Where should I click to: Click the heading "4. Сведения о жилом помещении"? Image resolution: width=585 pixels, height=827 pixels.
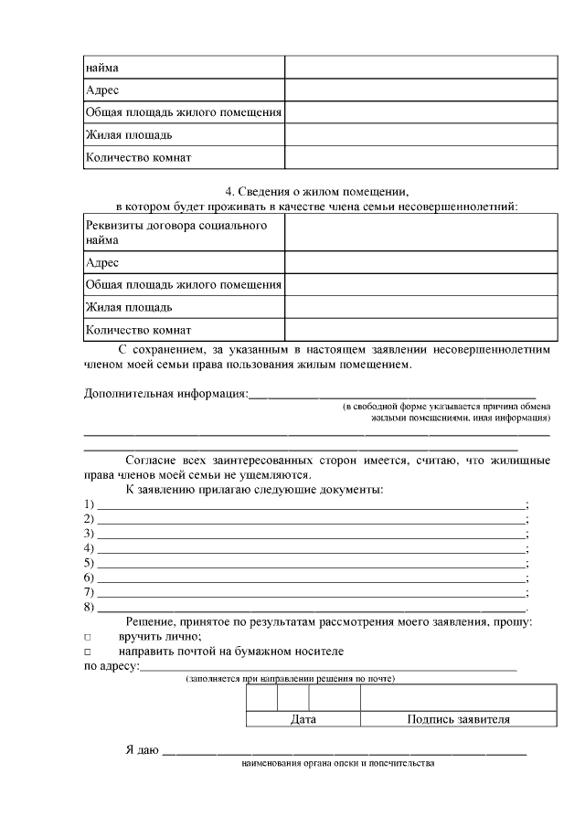pyautogui.click(x=316, y=191)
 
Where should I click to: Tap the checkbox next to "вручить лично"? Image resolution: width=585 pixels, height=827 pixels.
pyautogui.click(x=88, y=637)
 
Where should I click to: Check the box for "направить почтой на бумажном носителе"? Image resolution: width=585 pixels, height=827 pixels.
pyautogui.click(x=88, y=652)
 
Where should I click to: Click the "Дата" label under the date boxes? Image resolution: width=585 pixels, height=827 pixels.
pyautogui.click(x=303, y=719)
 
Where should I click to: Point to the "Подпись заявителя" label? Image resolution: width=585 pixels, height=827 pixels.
pyautogui.click(x=458, y=719)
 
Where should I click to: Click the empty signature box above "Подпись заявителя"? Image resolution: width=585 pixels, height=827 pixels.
pyautogui.click(x=458, y=697)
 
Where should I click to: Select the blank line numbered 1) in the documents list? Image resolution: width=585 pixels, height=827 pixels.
pyautogui.click(x=311, y=504)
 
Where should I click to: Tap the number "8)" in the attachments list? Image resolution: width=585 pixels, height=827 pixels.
pyautogui.click(x=90, y=607)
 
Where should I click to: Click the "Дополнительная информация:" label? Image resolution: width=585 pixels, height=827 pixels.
pyautogui.click(x=165, y=394)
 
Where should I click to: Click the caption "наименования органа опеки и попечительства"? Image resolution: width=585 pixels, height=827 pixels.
pyautogui.click(x=337, y=763)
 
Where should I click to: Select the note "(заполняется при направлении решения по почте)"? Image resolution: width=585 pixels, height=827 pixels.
pyautogui.click(x=290, y=680)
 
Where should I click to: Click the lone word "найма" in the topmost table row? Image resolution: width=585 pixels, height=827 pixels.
pyautogui.click(x=101, y=68)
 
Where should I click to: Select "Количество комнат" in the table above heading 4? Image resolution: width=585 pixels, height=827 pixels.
pyautogui.click(x=138, y=157)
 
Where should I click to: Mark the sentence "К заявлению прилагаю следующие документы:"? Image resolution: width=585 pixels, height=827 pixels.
pyautogui.click(x=254, y=489)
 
